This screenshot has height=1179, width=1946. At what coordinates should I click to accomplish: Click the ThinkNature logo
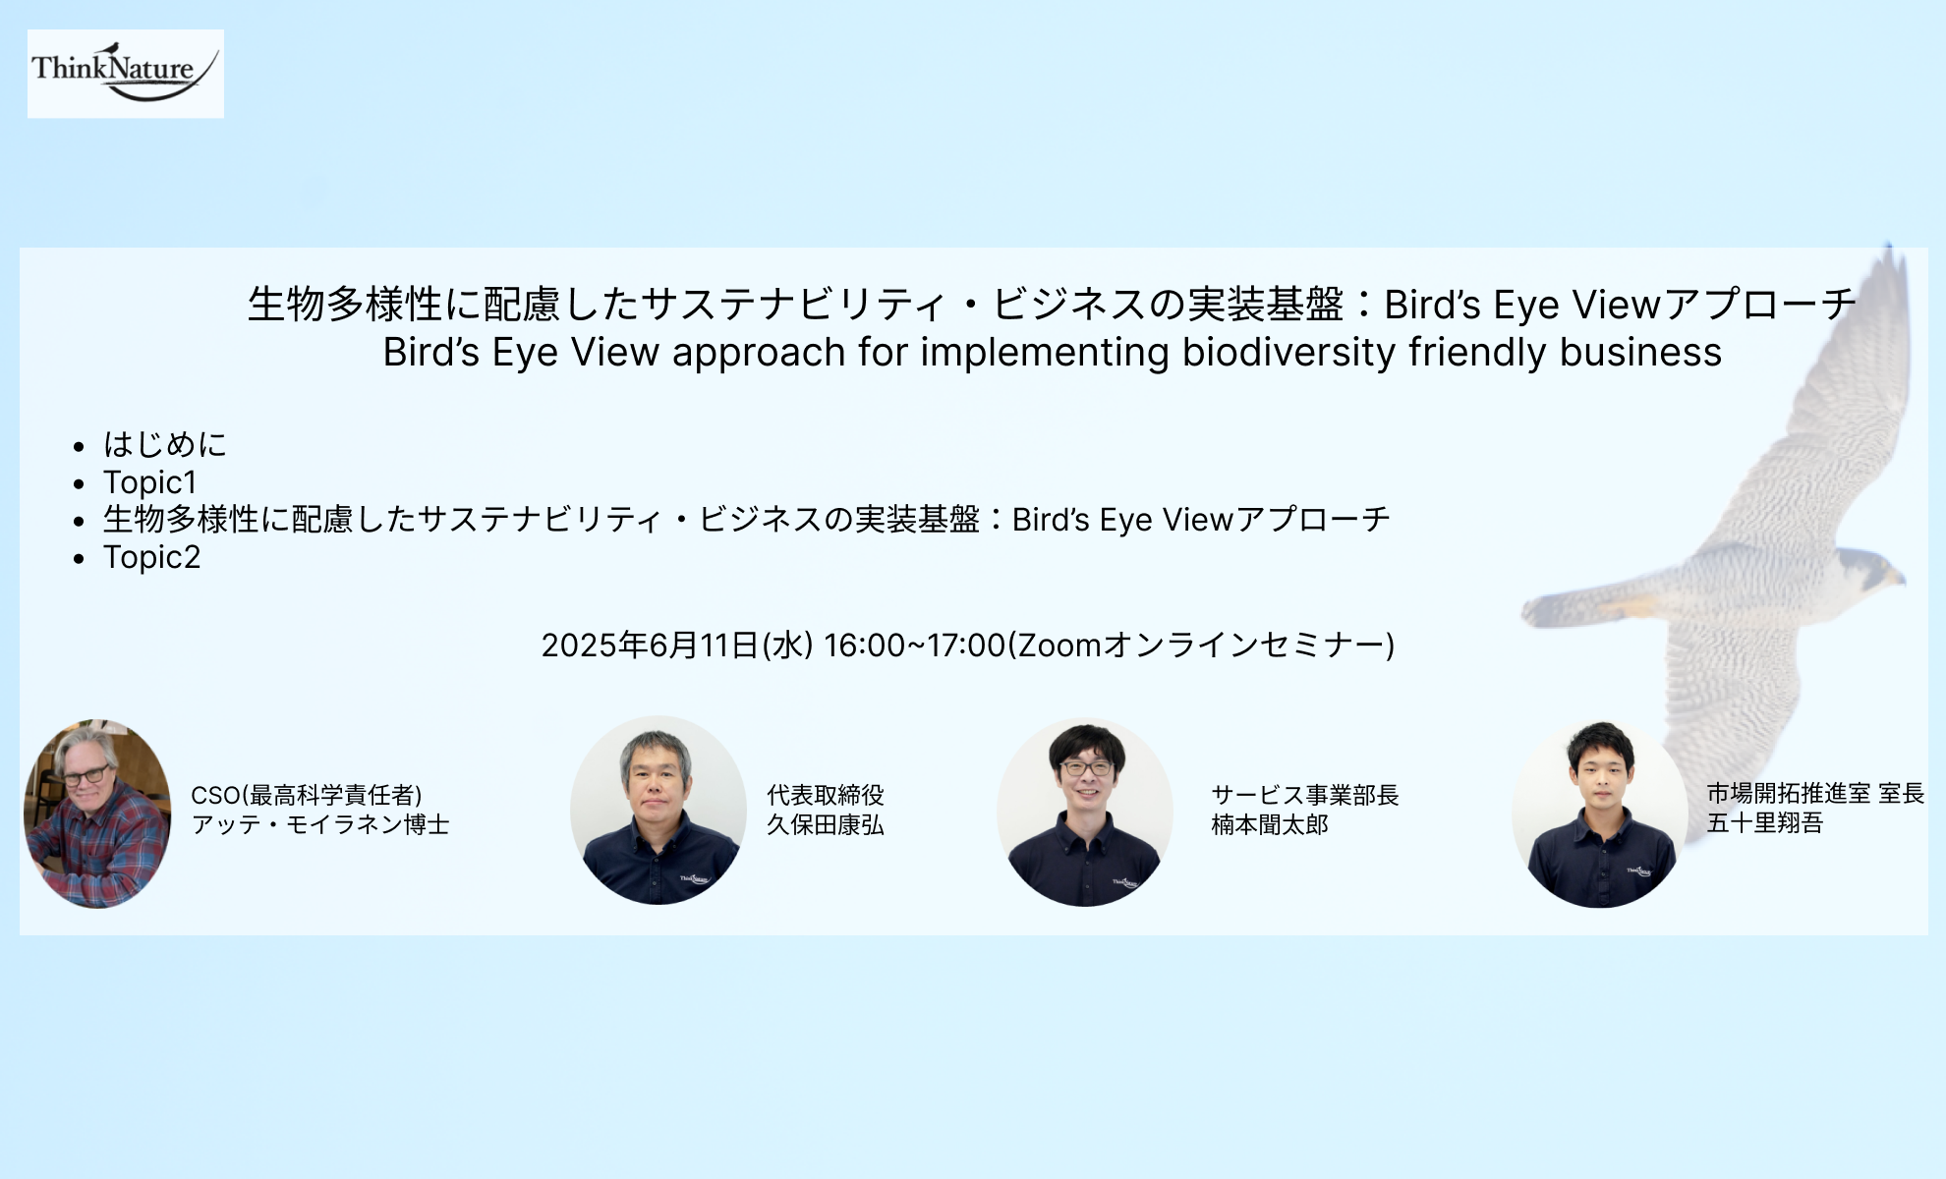click(x=126, y=74)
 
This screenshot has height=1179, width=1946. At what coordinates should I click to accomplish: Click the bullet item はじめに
click(x=165, y=444)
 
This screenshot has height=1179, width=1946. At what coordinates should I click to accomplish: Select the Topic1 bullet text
click(x=150, y=482)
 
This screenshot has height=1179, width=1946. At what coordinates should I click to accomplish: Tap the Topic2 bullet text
click(x=152, y=557)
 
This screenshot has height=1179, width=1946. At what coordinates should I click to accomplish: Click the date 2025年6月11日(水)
click(x=677, y=645)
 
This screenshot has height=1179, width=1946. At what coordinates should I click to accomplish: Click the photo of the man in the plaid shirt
click(x=97, y=814)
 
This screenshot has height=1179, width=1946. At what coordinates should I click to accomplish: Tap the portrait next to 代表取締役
click(x=658, y=811)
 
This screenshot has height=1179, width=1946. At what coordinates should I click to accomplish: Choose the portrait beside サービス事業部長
click(x=1085, y=813)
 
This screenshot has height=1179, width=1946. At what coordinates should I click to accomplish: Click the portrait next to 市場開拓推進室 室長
click(x=1600, y=814)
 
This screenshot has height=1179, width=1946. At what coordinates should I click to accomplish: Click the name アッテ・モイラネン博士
click(x=320, y=824)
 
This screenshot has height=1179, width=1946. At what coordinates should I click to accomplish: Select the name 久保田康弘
click(x=826, y=824)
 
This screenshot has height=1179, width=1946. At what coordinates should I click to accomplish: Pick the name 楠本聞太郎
click(x=1270, y=824)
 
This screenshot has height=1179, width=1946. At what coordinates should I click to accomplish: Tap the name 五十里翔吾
click(x=1765, y=822)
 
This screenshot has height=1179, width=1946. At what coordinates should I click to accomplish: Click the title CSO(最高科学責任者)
click(x=307, y=795)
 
